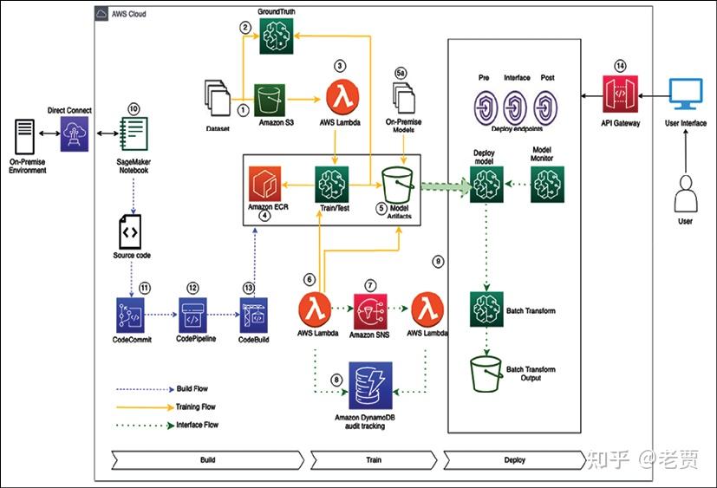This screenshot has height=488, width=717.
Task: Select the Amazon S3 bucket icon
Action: (x=271, y=102)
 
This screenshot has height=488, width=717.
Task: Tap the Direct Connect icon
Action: (x=74, y=136)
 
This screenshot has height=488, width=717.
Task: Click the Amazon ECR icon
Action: (x=264, y=185)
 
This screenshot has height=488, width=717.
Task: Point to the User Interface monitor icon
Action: (x=687, y=95)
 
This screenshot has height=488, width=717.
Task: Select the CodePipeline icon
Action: (x=194, y=313)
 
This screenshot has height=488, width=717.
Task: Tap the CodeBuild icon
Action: (x=254, y=314)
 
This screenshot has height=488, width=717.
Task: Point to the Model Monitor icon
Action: (x=547, y=185)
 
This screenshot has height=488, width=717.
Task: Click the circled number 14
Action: (x=619, y=66)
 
